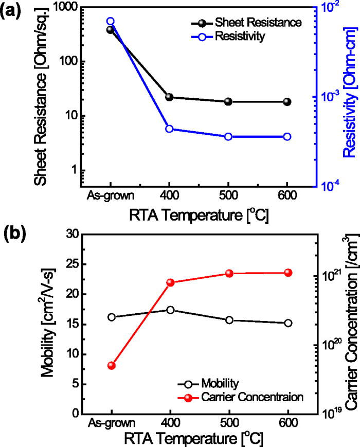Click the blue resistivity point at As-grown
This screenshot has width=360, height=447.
(x=110, y=22)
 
